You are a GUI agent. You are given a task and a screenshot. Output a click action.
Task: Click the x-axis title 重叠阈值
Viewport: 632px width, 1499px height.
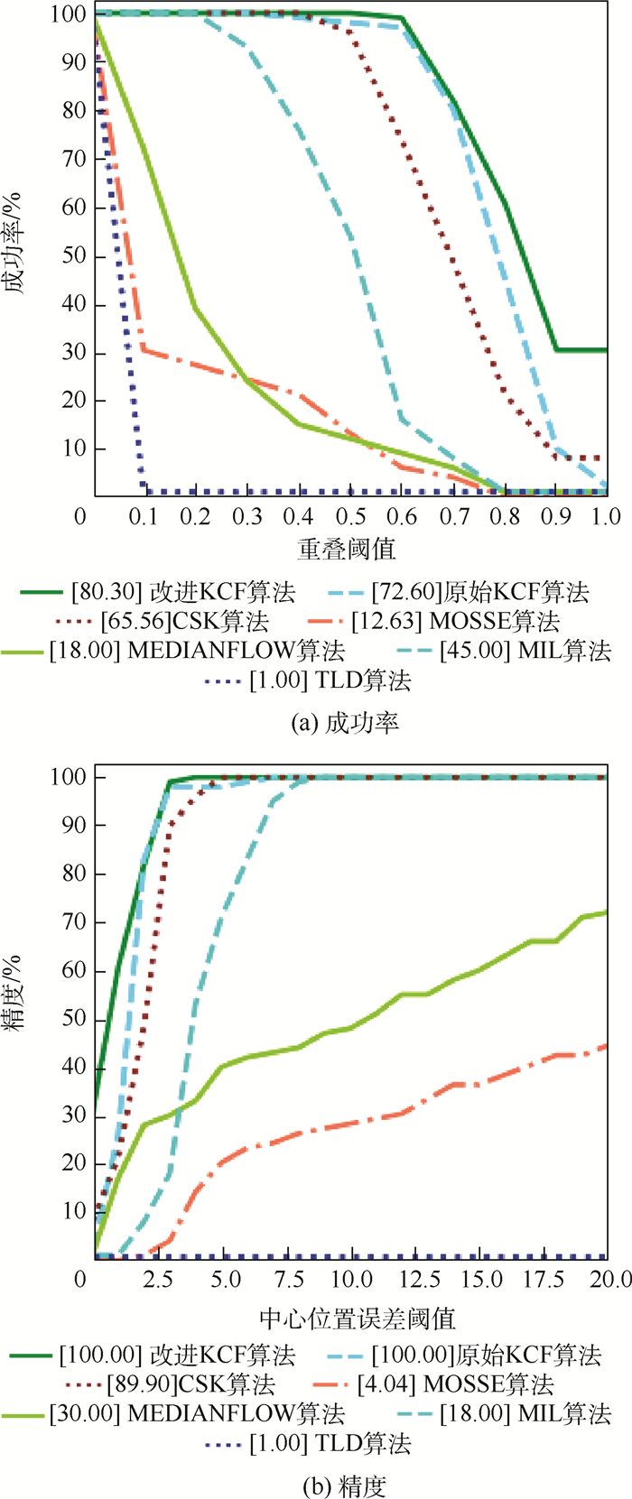tap(347, 548)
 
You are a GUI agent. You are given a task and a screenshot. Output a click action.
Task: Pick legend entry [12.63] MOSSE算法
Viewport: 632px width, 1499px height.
tap(456, 621)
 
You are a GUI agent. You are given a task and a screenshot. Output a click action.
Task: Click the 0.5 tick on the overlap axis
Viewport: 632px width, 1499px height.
tap(351, 515)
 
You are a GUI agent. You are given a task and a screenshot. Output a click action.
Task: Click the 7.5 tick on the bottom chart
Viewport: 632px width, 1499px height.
tap(287, 1279)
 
